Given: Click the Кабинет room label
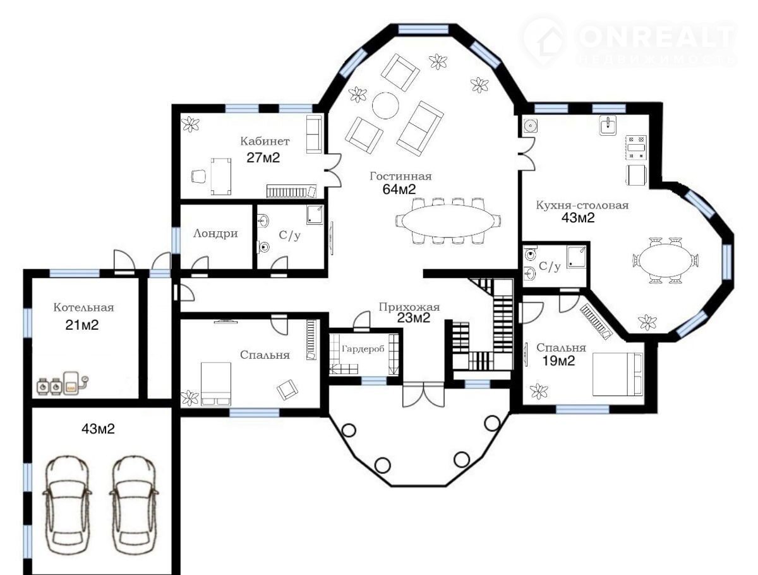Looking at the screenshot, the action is click(265, 141).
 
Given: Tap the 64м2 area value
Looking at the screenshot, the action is click(399, 190).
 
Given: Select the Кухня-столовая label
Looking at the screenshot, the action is click(582, 205).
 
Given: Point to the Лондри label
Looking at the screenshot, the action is click(215, 233).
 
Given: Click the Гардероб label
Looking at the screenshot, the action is click(363, 349).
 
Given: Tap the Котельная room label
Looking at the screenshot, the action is click(83, 307).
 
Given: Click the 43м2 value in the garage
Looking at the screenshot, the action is click(98, 429).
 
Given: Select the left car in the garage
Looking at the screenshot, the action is click(67, 507).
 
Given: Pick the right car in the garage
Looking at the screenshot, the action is click(135, 507).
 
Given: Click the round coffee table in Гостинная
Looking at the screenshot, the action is click(385, 106).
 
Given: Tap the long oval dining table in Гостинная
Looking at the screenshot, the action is click(448, 221).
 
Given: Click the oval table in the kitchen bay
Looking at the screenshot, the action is click(665, 260).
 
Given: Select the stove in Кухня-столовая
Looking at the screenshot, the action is click(637, 148).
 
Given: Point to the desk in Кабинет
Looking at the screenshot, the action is click(221, 176).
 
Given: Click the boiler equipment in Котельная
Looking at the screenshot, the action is click(62, 384).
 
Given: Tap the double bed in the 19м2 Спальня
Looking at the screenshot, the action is click(617, 374).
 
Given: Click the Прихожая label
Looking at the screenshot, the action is click(409, 306).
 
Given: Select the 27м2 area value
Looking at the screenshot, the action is click(263, 158).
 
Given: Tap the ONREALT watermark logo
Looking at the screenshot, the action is click(629, 42).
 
